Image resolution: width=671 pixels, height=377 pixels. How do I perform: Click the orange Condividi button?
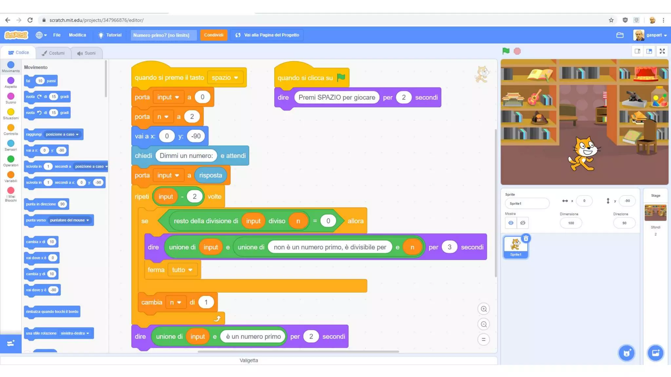pos(214,35)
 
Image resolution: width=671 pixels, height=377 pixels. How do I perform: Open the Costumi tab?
pos(53,53)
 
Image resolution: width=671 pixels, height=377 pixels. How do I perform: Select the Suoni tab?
pos(86,53)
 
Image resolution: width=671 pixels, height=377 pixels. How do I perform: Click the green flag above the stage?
pos(506,51)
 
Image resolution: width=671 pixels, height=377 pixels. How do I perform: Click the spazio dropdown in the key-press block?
pos(225,78)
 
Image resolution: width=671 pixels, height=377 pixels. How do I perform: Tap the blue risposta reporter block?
pos(210,175)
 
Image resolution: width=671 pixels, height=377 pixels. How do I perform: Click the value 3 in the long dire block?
pos(449,247)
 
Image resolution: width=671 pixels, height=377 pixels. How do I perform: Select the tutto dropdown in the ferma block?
pos(182,270)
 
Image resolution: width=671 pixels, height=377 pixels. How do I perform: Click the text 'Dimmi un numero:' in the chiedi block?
pos(186,156)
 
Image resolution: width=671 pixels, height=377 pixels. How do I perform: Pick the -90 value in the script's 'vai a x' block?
pos(196,136)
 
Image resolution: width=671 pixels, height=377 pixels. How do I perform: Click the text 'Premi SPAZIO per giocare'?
pos(336,98)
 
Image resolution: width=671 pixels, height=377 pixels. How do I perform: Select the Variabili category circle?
pos(11,175)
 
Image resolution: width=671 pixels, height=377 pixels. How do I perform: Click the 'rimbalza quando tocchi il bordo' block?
pos(52,312)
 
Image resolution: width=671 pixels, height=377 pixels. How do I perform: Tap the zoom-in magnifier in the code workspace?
pos(484,309)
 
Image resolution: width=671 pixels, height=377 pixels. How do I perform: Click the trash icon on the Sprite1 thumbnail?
pos(526,238)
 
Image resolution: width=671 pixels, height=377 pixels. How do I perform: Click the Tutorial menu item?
pos(110,35)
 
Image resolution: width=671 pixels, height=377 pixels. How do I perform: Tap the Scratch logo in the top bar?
pos(16,35)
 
